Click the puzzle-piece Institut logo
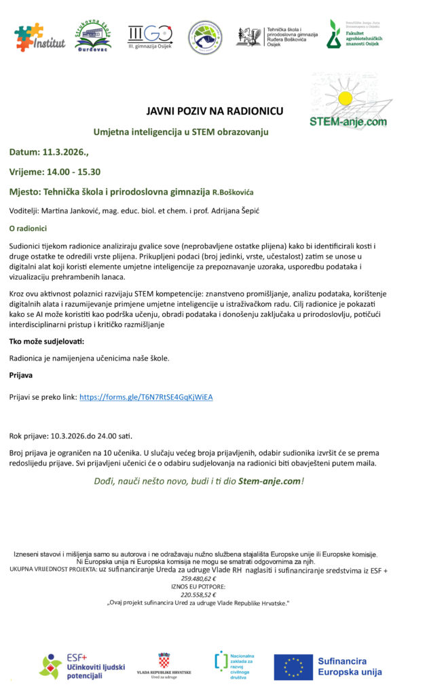tap(40, 37)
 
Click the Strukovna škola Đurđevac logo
tap(93, 35)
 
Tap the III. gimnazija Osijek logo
tap(150, 35)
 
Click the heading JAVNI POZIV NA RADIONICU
tap(215, 111)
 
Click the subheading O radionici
tap(28, 229)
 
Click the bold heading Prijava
tap(22, 374)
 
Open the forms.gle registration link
tap(146, 397)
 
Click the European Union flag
tap(293, 666)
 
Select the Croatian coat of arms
tap(164, 660)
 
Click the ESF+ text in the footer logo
tap(77, 658)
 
